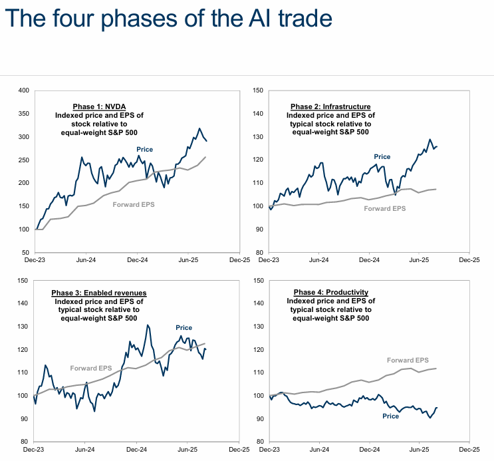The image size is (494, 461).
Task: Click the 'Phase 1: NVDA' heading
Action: pos(99,106)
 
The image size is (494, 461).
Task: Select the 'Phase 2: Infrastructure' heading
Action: pos(330,106)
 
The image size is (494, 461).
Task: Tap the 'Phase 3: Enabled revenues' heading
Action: pos(99,293)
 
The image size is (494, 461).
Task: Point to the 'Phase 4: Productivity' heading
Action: pos(330,293)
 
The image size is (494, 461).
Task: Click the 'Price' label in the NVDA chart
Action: pos(145,150)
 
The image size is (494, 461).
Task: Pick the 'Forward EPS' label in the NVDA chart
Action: pos(133,204)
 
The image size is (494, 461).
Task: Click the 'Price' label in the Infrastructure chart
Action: pos(382,157)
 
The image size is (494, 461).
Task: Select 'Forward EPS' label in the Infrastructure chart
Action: pos(385,208)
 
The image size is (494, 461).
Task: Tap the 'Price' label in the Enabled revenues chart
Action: pos(184,327)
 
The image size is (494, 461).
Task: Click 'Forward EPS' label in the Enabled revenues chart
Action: pos(91,367)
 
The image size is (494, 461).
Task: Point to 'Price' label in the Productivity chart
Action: pos(390,416)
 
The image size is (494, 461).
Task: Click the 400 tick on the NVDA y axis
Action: pos(23,90)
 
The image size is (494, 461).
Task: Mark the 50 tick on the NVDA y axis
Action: pos(25,253)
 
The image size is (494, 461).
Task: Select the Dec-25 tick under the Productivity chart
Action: pos(469,450)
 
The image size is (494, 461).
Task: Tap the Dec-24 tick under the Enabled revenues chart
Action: pos(136,450)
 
